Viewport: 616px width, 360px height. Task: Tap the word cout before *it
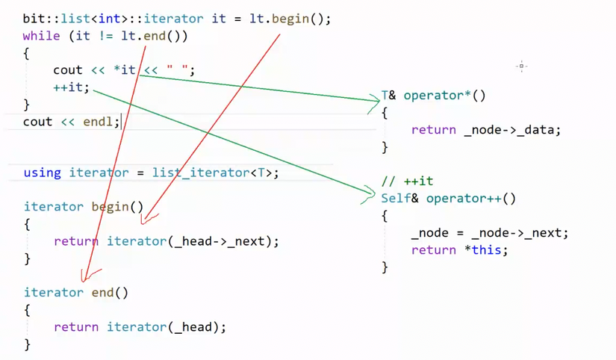(x=68, y=70)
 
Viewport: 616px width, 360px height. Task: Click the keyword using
(x=42, y=173)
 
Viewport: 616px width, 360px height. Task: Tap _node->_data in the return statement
(x=511, y=130)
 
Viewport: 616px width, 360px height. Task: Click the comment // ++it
(x=407, y=181)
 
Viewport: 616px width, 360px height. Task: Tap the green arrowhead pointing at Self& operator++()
(x=370, y=196)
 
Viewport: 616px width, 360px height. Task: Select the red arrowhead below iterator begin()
(x=146, y=219)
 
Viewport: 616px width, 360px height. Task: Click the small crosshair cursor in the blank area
(x=521, y=66)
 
